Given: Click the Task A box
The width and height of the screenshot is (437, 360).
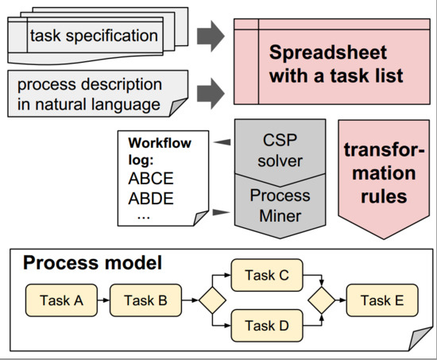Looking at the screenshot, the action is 61,300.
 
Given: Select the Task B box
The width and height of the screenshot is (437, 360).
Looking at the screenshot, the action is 145,300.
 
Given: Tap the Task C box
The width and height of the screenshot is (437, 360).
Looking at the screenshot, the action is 267,275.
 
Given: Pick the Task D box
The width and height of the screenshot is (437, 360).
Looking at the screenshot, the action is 267,325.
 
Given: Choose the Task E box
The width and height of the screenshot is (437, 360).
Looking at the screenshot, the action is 382,300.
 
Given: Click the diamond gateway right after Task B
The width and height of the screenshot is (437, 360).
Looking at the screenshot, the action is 212,300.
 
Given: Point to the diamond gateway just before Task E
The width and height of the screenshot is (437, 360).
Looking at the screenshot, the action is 321,300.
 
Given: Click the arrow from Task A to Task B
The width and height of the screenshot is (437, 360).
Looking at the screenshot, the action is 103,300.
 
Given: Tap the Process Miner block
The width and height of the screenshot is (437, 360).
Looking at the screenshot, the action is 280,207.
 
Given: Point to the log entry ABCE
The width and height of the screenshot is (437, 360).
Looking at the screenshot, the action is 151,179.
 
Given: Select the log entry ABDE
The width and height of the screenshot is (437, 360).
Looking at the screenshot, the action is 151,199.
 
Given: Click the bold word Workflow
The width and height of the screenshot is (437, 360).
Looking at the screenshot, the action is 160,143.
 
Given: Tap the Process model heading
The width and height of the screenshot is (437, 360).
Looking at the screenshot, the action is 92,263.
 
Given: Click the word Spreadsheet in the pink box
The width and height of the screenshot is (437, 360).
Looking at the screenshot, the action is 328,53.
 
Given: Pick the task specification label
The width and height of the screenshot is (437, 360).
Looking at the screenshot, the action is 94,36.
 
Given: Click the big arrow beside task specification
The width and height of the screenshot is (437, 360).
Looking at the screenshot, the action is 211,36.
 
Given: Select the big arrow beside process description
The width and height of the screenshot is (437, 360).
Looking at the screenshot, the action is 211,93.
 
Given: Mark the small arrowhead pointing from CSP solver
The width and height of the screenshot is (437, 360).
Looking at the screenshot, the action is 222,142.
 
